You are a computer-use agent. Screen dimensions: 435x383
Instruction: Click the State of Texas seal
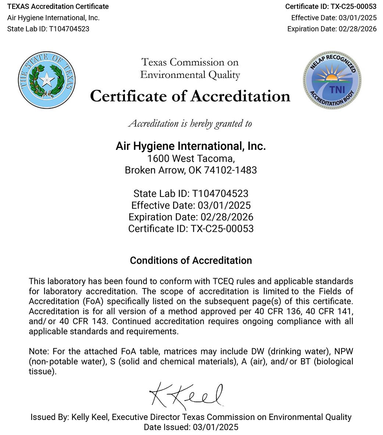47,80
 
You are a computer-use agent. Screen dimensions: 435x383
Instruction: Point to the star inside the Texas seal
47,79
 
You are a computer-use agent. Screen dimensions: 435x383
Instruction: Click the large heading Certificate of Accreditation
190,96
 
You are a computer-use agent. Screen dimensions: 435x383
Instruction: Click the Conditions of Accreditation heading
191,260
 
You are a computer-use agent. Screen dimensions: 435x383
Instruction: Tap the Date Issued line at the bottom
191,427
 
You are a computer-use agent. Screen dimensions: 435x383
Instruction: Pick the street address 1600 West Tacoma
190,159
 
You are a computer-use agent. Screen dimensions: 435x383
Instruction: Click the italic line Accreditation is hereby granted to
190,123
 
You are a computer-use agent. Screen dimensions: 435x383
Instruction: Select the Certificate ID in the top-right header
331,7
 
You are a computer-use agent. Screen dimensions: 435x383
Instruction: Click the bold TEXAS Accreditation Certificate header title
58,7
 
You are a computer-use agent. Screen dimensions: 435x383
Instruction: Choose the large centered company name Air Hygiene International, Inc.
190,146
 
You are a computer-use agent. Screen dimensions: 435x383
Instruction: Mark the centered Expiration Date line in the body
191,217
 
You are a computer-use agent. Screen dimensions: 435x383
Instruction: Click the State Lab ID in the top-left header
48,29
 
